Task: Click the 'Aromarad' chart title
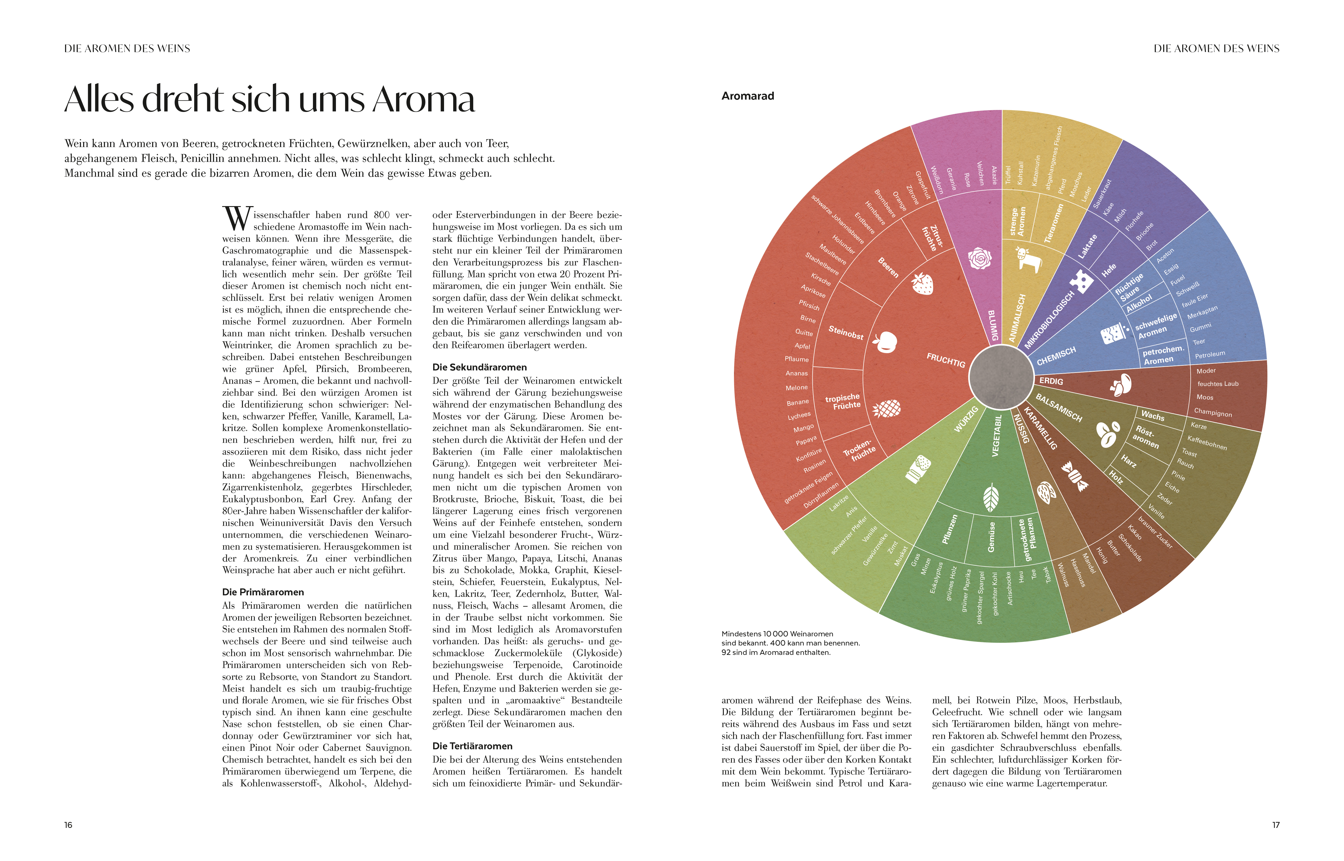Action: tap(748, 96)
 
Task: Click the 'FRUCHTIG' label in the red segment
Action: tap(946, 360)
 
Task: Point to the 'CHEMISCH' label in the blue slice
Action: tap(1056, 356)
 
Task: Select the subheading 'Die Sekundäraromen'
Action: tap(479, 367)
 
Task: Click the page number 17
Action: tap(1276, 825)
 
